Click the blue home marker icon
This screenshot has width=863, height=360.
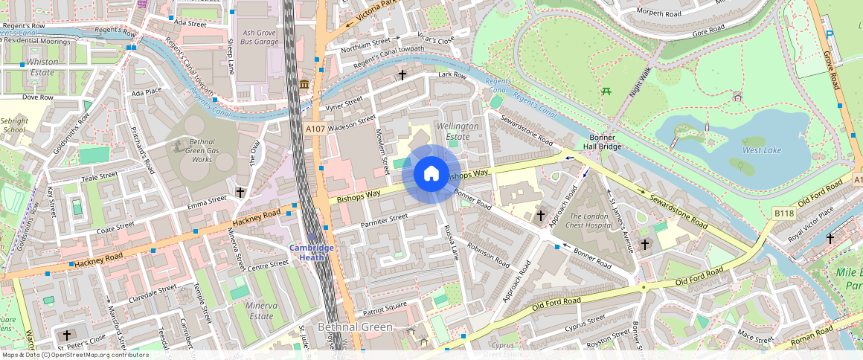tap(431, 174)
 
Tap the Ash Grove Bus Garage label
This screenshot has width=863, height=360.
tap(260, 37)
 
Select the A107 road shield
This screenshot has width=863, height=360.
tap(315, 129)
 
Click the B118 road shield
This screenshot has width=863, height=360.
tap(784, 213)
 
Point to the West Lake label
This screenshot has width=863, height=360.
tap(762, 150)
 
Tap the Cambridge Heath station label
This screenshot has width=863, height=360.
tap(312, 252)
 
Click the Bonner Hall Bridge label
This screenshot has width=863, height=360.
tap(602, 142)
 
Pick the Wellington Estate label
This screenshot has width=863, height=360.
tap(458, 131)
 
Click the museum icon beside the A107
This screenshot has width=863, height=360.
tap(304, 86)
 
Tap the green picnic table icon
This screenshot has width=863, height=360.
tap(606, 91)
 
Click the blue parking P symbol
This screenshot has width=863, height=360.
tap(830, 33)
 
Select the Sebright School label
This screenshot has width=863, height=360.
tap(13, 124)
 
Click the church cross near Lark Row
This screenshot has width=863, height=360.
tap(402, 75)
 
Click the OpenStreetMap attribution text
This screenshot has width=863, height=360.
tap(74, 355)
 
